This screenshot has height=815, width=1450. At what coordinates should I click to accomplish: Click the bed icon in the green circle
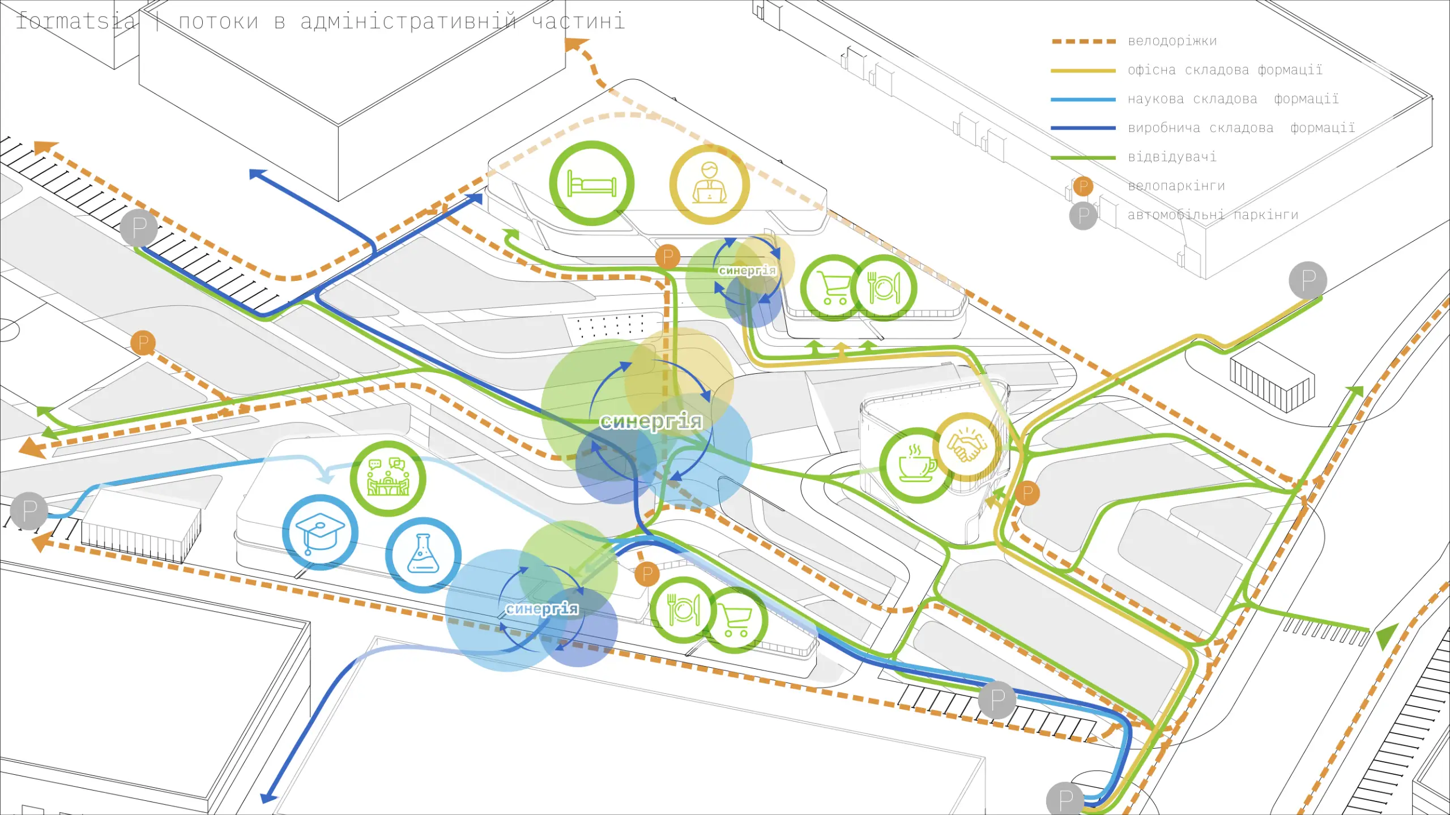[x=591, y=183]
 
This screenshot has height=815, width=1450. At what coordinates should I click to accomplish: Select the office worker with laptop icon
[x=709, y=184]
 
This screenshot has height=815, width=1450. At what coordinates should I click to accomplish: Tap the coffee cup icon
[x=916, y=465]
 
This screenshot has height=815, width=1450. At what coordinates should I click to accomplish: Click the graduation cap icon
[x=320, y=532]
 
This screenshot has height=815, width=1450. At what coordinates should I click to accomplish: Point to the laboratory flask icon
[x=423, y=554]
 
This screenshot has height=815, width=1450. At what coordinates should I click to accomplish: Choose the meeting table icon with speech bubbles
[x=388, y=479]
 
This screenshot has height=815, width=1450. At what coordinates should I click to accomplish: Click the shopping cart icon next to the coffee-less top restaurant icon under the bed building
[x=833, y=288]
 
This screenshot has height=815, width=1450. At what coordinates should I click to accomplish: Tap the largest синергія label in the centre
[x=651, y=421]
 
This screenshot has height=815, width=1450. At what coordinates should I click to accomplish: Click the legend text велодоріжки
[x=1172, y=41]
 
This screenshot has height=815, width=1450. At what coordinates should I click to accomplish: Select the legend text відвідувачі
[x=1172, y=157]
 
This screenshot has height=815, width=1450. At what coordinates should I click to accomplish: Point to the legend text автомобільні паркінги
[x=1213, y=215]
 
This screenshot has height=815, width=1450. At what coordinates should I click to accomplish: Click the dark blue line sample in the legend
[x=1083, y=129]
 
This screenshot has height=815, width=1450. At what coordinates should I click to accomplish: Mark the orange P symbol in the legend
[x=1082, y=186]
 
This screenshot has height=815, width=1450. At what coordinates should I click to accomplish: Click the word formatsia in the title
[x=76, y=22]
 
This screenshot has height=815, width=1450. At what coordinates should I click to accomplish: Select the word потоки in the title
[x=219, y=22]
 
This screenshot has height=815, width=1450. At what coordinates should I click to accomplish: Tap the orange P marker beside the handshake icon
[x=1027, y=493]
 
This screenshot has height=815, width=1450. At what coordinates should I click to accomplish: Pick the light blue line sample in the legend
[x=1083, y=100]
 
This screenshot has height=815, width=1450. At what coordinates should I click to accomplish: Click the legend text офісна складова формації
[x=1225, y=70]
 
